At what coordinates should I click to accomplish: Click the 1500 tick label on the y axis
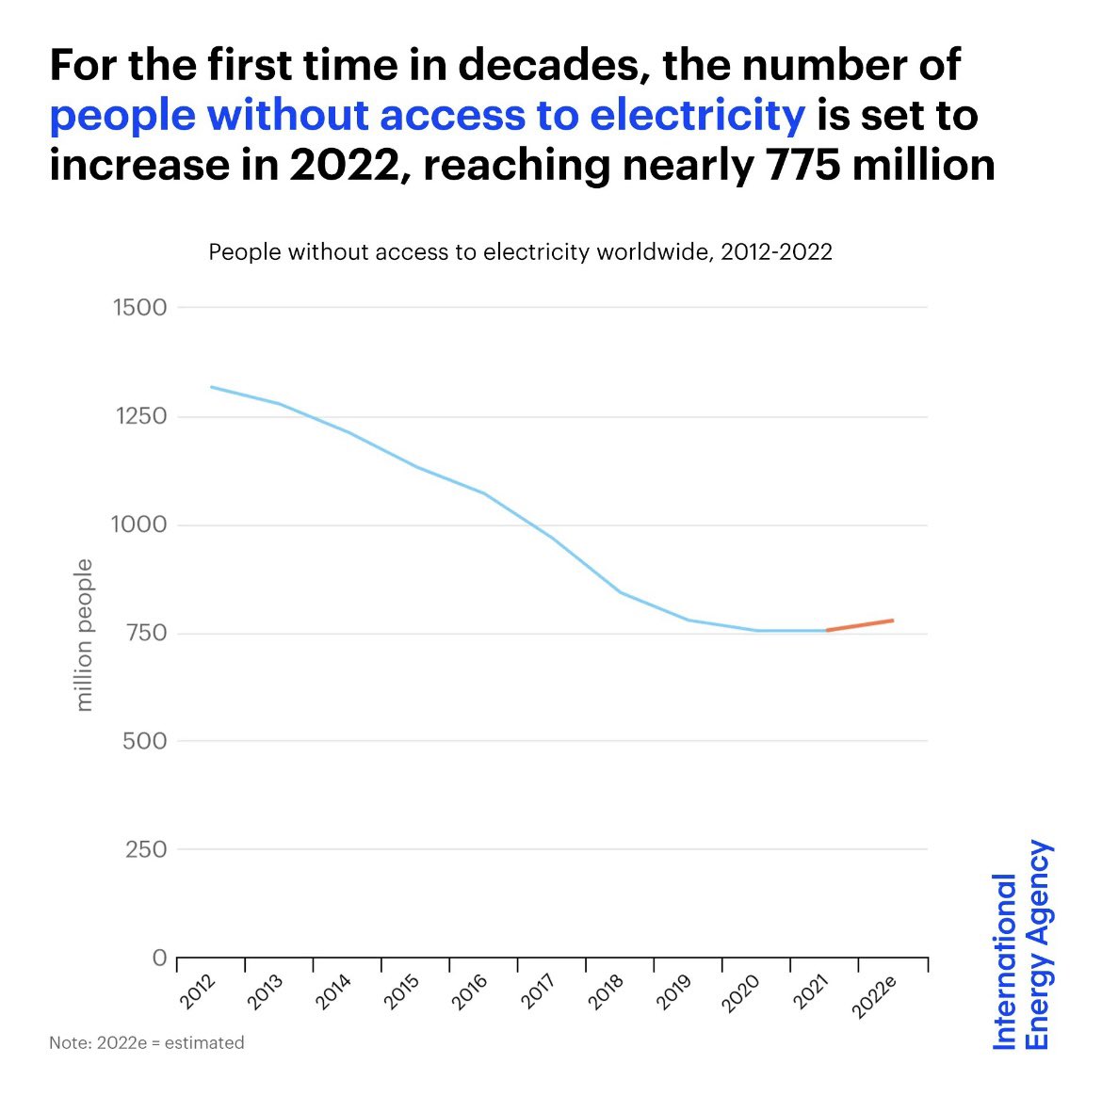coord(139,308)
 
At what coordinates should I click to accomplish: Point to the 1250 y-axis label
coord(139,416)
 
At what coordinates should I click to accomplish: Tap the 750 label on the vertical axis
coord(145,633)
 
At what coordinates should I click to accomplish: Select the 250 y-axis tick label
coord(145,849)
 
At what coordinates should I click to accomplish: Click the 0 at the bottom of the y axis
coord(159,959)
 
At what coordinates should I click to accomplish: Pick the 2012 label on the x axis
coord(199,992)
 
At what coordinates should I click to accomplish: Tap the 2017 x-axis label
coord(539,992)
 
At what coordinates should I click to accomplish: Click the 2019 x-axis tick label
coord(674,992)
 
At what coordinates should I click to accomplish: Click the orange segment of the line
coord(860,625)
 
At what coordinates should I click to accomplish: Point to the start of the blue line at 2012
coord(211,387)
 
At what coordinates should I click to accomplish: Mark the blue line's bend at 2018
coord(621,592)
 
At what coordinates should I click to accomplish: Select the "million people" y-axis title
coord(85,635)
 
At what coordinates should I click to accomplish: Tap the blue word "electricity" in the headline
coord(697,116)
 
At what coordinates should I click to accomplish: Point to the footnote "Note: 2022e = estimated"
coord(147,1043)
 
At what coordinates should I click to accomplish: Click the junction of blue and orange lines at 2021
coord(826,630)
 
